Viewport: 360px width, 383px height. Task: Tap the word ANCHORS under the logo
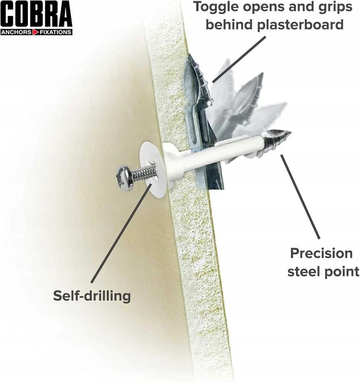click(x=16, y=32)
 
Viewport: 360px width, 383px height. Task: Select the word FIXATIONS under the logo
click(x=55, y=32)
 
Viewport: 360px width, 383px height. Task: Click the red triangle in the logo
click(x=36, y=32)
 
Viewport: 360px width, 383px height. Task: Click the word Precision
click(x=321, y=253)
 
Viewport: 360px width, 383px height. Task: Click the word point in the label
click(x=342, y=272)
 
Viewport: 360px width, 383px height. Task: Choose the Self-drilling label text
click(x=92, y=296)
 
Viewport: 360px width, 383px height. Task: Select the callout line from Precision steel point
click(x=300, y=197)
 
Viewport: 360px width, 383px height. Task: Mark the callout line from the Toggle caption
click(x=239, y=59)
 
